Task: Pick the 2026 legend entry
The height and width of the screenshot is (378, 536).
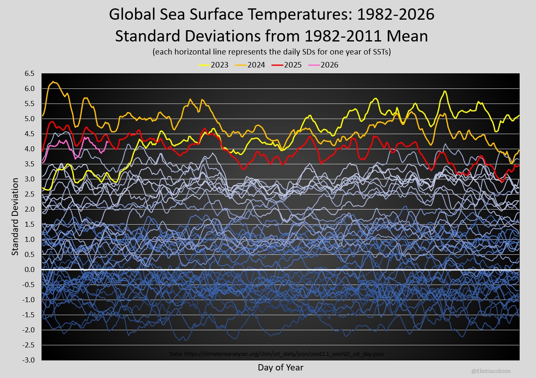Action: pyautogui.click(x=323, y=65)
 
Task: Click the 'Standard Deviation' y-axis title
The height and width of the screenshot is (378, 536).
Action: pyautogui.click(x=15, y=217)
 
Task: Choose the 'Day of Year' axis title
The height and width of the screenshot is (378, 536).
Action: pyautogui.click(x=281, y=368)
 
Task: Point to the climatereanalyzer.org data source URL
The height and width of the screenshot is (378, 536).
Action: pyautogui.click(x=277, y=354)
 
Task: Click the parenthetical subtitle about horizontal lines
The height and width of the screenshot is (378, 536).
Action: pyautogui.click(x=271, y=52)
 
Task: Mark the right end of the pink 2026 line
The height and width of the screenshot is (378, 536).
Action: pyautogui.click(x=107, y=142)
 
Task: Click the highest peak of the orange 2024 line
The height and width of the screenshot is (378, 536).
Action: pyautogui.click(x=53, y=82)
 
